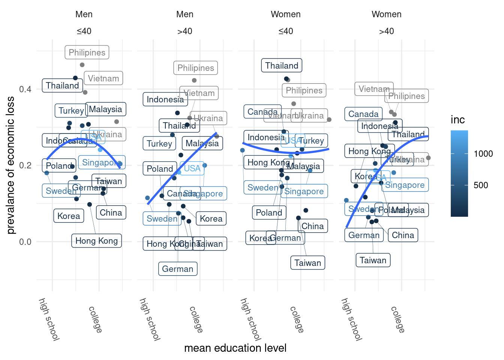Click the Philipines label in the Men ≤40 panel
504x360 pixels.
[x=87, y=52]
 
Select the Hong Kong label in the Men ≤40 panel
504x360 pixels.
[x=96, y=241]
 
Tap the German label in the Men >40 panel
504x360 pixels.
[x=177, y=269]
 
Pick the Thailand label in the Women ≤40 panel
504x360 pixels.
[x=282, y=66]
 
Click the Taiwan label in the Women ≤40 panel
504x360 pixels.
[x=307, y=263]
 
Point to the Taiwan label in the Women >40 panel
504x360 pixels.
[x=373, y=260]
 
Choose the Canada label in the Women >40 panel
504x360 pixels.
[x=363, y=114]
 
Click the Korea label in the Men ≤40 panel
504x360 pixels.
[x=69, y=216]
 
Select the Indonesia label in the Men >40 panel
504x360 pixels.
[x=165, y=99]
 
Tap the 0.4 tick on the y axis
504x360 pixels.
[x=25, y=89]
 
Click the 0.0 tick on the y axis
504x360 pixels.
[x=25, y=242]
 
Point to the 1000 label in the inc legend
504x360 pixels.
[x=483, y=154]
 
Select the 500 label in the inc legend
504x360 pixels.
[x=481, y=185]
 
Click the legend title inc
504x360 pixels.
[x=458, y=120]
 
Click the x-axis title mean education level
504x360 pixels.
[x=235, y=348]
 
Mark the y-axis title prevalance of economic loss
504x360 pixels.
[x=10, y=165]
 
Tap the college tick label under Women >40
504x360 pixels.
[x=397, y=319]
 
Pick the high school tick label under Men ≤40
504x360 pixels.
[x=49, y=319]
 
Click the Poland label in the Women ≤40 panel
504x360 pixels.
[x=269, y=213]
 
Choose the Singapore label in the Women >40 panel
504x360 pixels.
[x=405, y=185]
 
